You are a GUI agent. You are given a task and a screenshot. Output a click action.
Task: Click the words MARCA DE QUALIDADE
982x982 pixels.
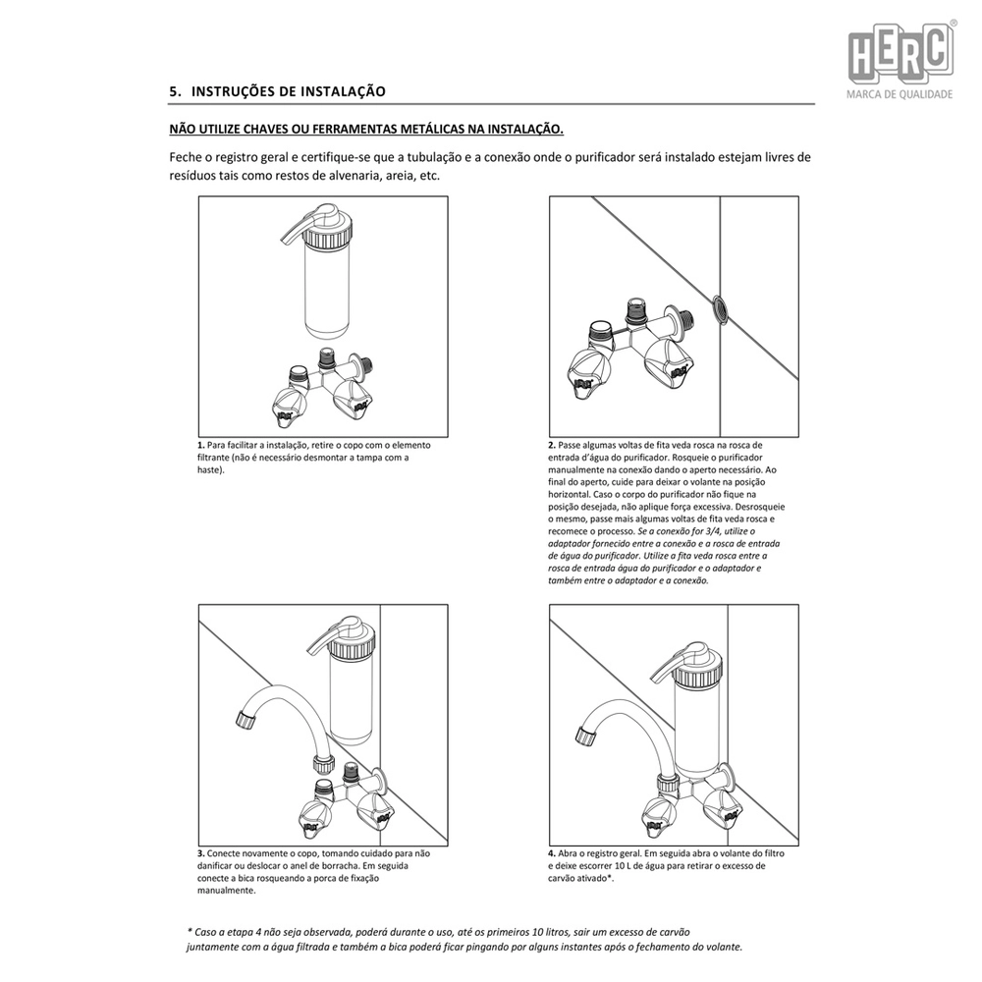pyautogui.click(x=900, y=95)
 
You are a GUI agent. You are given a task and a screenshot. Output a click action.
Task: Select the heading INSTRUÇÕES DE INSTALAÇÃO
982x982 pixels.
pyautogui.click(x=288, y=91)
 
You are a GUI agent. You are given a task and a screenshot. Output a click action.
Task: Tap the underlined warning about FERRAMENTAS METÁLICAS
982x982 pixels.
pyautogui.click(x=366, y=129)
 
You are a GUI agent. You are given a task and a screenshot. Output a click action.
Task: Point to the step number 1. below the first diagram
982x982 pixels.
pyautogui.click(x=201, y=446)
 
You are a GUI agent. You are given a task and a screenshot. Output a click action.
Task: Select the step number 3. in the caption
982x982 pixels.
pyautogui.click(x=201, y=854)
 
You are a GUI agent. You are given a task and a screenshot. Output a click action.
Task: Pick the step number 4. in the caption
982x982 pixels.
pyautogui.click(x=553, y=854)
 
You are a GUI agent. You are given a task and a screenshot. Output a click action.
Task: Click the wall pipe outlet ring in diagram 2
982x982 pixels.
pyautogui.click(x=719, y=307)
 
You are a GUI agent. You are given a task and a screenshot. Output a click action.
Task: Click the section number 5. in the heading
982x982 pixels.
pyautogui.click(x=175, y=91)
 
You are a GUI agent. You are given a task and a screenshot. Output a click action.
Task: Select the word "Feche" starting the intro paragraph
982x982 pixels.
pyautogui.click(x=186, y=157)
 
